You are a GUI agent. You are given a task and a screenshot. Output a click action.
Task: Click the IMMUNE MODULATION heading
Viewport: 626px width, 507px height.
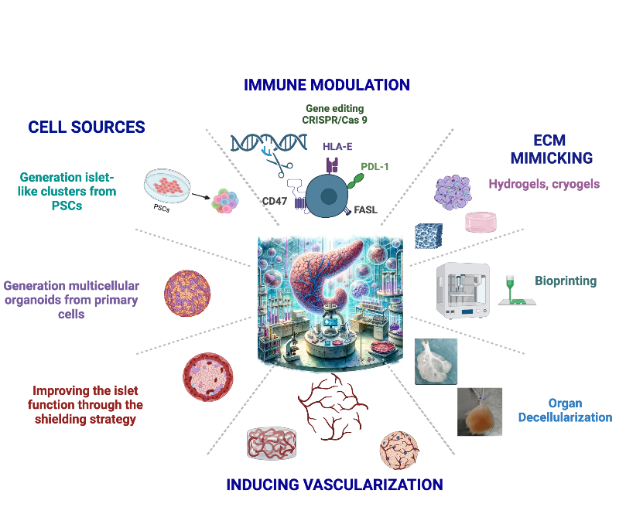click(327, 85)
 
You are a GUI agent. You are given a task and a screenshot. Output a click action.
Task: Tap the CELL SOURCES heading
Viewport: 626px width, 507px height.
click(87, 128)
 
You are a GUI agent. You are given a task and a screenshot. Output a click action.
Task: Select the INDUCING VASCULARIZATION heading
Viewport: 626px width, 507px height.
click(334, 485)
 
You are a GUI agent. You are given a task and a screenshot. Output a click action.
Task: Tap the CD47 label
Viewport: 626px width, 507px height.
click(275, 200)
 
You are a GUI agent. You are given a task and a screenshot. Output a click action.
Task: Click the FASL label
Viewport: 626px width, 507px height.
click(366, 209)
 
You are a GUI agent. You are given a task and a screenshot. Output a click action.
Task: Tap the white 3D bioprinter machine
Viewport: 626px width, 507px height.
click(462, 291)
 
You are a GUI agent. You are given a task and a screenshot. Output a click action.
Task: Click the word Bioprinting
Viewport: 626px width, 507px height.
click(566, 281)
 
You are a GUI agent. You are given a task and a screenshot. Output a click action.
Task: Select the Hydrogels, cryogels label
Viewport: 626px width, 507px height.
click(544, 185)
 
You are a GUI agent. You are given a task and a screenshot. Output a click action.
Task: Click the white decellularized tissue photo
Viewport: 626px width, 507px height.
click(436, 361)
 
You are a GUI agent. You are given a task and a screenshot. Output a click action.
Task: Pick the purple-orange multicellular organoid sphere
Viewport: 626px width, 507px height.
click(187, 292)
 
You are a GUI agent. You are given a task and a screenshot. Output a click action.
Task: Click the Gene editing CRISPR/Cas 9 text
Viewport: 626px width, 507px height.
click(334, 114)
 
